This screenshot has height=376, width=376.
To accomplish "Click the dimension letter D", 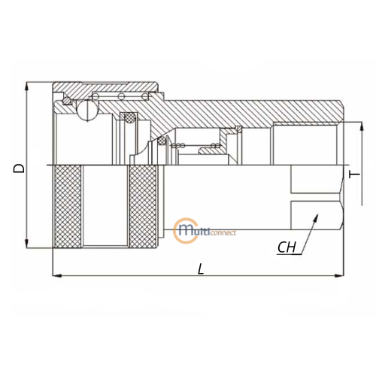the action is (19, 168).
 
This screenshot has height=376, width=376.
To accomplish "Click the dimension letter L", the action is (201, 268).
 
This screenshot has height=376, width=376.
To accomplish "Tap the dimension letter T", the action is (354, 174).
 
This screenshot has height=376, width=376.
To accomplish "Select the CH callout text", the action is (287, 247).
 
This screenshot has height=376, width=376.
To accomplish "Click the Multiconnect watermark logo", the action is (205, 231).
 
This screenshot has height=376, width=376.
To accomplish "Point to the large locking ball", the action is (87, 111).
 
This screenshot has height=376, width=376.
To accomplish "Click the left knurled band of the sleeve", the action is (68, 206).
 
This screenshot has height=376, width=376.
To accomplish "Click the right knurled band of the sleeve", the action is (142, 206).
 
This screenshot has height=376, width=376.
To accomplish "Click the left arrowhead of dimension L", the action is (56, 276).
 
